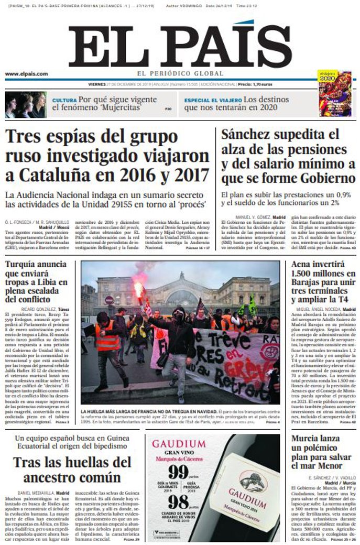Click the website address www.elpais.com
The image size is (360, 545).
tap(27, 74)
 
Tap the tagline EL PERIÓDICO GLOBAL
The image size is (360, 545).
tap(180, 73)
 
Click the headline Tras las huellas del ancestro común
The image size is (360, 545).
tap(72, 470)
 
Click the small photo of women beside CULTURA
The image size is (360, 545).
tap(26, 105)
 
